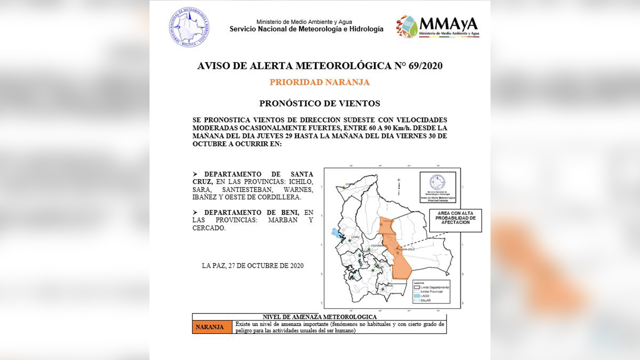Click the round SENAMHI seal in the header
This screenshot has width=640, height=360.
point(189,27)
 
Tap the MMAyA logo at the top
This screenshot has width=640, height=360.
point(437,27)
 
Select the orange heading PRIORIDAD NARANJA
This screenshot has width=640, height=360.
point(319,82)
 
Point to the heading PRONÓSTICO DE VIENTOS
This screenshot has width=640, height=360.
point(319,103)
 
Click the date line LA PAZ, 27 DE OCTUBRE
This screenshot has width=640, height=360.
point(252,265)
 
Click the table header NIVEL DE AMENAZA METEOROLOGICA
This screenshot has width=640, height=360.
point(319,317)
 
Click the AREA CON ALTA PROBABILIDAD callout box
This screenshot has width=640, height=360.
point(455,220)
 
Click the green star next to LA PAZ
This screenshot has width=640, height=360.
point(349,241)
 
